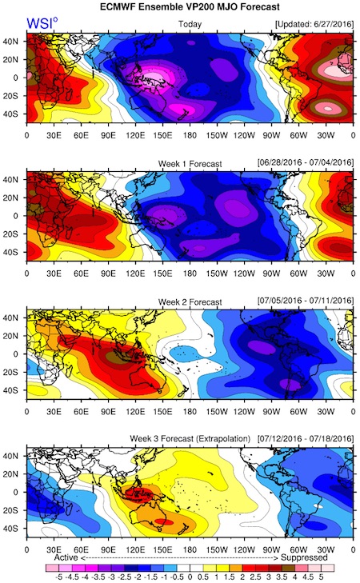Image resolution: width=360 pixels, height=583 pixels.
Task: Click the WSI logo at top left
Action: point(42,23)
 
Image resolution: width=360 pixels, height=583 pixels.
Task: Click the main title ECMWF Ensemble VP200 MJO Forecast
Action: point(190,7)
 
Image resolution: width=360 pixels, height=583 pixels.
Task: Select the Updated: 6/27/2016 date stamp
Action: point(314,24)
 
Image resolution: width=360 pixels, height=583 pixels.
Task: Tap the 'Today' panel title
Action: point(190,24)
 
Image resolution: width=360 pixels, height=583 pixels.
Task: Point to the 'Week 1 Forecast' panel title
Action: point(190,164)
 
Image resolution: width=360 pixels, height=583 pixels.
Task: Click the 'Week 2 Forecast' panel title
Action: point(190,302)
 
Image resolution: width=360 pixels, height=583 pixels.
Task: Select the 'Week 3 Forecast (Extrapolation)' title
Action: point(190,439)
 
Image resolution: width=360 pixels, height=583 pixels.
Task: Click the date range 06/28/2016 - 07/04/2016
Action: point(306,163)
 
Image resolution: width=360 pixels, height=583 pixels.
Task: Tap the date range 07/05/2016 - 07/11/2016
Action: point(306,301)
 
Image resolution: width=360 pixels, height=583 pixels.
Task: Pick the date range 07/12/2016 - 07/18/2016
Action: point(306,439)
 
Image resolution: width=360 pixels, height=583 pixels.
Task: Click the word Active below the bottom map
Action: point(66,557)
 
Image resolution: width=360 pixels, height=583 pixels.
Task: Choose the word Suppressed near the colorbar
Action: point(304,557)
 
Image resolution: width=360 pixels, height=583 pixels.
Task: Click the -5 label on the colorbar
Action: point(58,577)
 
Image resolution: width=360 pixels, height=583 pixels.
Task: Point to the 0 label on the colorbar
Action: point(190,577)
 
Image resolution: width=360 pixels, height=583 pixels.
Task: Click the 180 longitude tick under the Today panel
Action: point(190,135)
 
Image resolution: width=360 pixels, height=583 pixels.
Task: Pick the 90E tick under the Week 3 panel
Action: point(108,549)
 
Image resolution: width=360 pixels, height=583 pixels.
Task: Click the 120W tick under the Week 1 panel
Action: point(244,274)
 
